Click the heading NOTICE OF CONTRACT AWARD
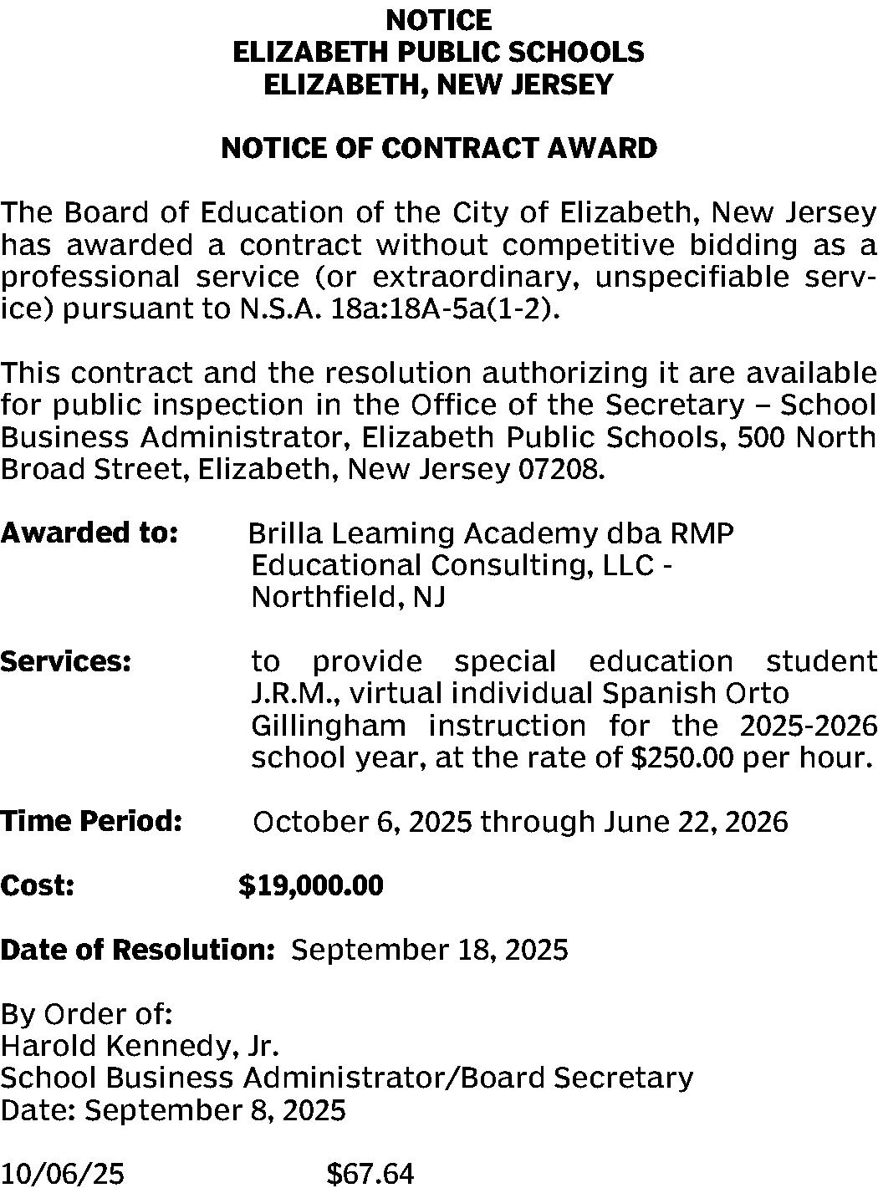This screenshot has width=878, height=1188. [438, 149]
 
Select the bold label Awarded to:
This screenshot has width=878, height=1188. [89, 533]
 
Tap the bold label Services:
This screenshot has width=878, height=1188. [66, 661]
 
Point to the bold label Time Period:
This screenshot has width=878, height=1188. [91, 821]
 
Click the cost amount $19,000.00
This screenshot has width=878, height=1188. [311, 885]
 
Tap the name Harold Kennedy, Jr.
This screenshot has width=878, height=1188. [140, 1045]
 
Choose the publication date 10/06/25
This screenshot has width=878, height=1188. [63, 1174]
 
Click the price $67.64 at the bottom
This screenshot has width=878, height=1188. [370, 1174]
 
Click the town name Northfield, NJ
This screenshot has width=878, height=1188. [348, 598]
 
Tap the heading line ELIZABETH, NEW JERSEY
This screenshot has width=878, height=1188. [438, 84]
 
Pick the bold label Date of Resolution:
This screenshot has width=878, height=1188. [138, 950]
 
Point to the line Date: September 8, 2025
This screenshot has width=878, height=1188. [173, 1110]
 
